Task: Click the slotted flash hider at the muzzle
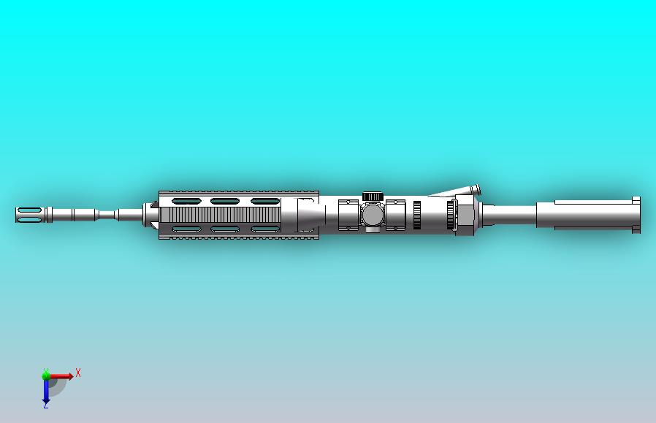[x=29, y=215]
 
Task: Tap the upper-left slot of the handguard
[x=186, y=201]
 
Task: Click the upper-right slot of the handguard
[x=264, y=201]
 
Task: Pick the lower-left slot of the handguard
[x=186, y=229]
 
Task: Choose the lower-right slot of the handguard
[x=264, y=229]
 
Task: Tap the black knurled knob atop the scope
[x=373, y=196]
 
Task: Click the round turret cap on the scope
[x=373, y=215]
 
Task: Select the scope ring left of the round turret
[x=350, y=213]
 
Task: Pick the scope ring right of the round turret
[x=395, y=213]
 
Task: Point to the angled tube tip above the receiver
[x=475, y=189]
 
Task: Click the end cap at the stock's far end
[x=636, y=216]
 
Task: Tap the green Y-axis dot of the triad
[x=46, y=375]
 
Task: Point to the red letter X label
[x=78, y=373]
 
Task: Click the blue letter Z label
[x=45, y=405]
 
